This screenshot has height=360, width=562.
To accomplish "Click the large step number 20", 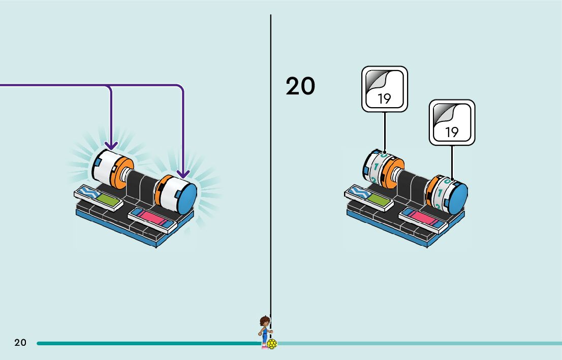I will point(300,86).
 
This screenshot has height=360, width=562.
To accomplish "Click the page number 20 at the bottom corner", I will point(20,343).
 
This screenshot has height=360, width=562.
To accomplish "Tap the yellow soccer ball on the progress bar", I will point(272,344).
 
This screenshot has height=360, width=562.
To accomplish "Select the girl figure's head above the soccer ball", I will point(264,321).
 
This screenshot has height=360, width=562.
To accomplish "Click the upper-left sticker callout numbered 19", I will point(385,89).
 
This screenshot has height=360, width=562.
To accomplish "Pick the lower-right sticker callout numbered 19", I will point(452,122).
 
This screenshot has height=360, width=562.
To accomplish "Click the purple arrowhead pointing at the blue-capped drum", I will point(182,174).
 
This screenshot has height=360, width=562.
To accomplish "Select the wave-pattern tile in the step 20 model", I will point(359,191).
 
